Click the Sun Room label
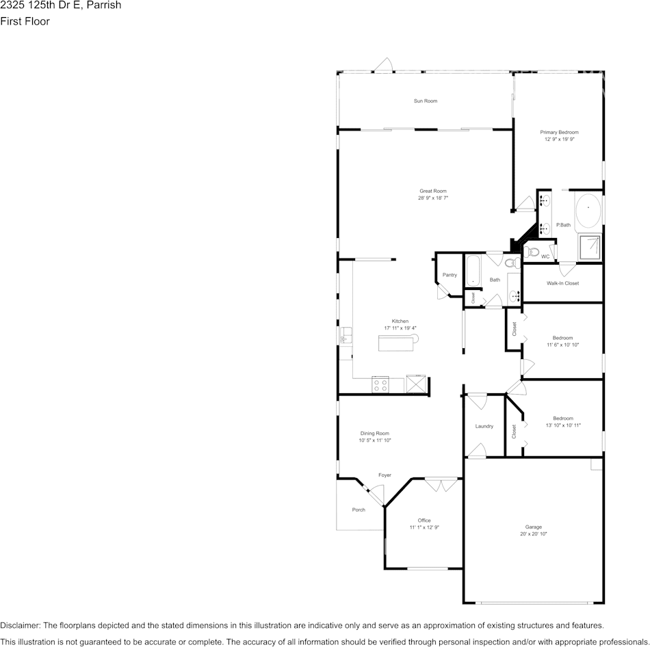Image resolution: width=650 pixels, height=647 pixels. [425, 101]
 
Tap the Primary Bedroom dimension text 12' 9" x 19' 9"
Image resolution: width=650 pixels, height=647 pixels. [559, 139]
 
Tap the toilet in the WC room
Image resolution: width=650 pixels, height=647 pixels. [532, 252]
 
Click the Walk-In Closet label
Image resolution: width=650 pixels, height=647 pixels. [562, 283]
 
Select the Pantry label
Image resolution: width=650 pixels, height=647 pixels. [449, 275]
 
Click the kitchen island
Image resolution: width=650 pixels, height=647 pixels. [398, 343]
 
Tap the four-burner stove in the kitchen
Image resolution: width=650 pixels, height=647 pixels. [380, 384]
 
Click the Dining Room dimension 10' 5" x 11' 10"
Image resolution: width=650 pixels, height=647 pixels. [374, 440]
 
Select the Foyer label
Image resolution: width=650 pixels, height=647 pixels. [385, 475]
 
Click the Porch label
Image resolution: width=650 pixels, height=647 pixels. [359, 510]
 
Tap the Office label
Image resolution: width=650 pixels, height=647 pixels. [424, 520]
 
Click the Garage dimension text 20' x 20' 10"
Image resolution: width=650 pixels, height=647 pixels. [533, 533]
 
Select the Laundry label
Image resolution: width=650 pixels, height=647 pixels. [484, 426]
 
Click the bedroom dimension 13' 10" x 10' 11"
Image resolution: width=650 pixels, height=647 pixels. [562, 425]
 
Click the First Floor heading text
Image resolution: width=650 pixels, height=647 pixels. [25, 21]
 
